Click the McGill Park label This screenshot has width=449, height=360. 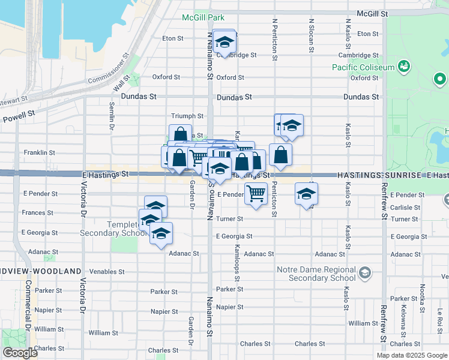click(203, 17)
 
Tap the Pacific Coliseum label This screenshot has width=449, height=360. click(363, 67)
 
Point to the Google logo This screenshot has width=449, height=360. click(19, 353)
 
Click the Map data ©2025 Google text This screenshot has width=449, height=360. click(412, 355)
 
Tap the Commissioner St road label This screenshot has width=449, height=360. click(108, 71)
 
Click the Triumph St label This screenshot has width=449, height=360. click(188, 116)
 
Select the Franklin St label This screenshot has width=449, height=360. click(40, 153)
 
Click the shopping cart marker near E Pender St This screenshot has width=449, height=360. click(256, 193)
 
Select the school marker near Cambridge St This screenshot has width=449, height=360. click(224, 42)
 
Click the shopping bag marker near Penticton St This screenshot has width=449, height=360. click(280, 155)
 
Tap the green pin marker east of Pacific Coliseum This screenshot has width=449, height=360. click(439, 79)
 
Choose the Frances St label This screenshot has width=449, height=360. click(38, 212)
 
